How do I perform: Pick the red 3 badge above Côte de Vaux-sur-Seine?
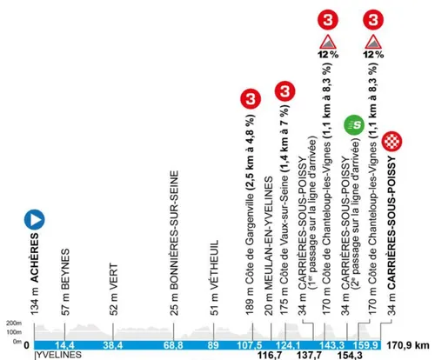coord(285,90)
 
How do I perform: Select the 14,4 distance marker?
coord(66,344)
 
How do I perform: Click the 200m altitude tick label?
coord(12,321)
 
